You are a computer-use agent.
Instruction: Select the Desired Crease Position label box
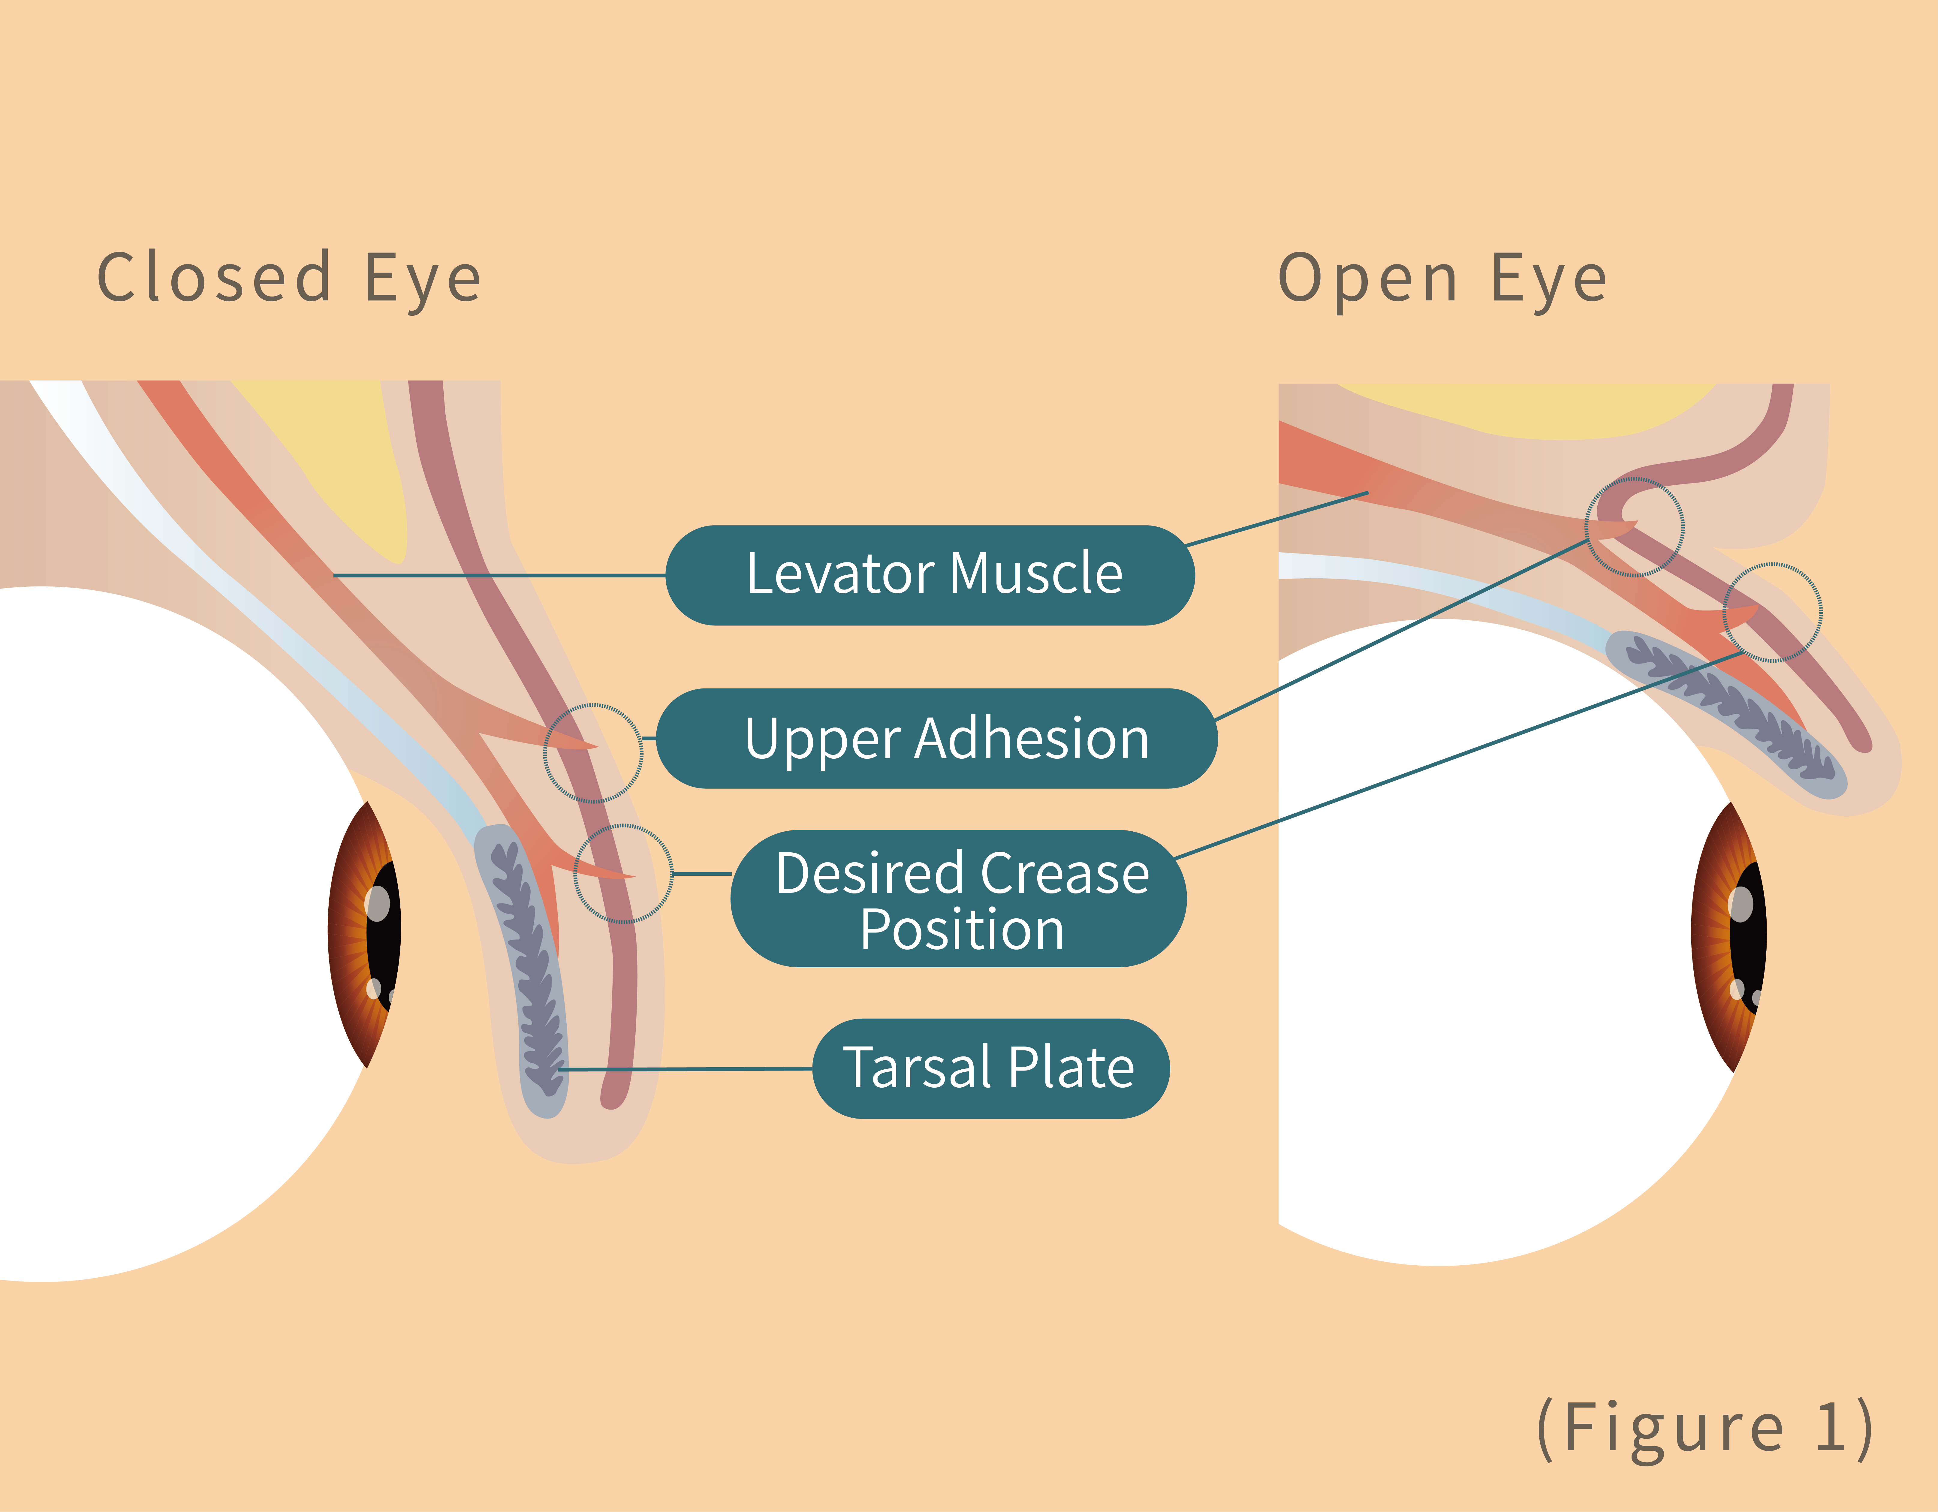click(958, 898)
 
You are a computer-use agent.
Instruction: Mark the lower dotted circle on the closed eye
click(623, 874)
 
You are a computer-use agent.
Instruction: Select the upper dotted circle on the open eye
click(1635, 527)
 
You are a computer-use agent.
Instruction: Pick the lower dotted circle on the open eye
click(1772, 612)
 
